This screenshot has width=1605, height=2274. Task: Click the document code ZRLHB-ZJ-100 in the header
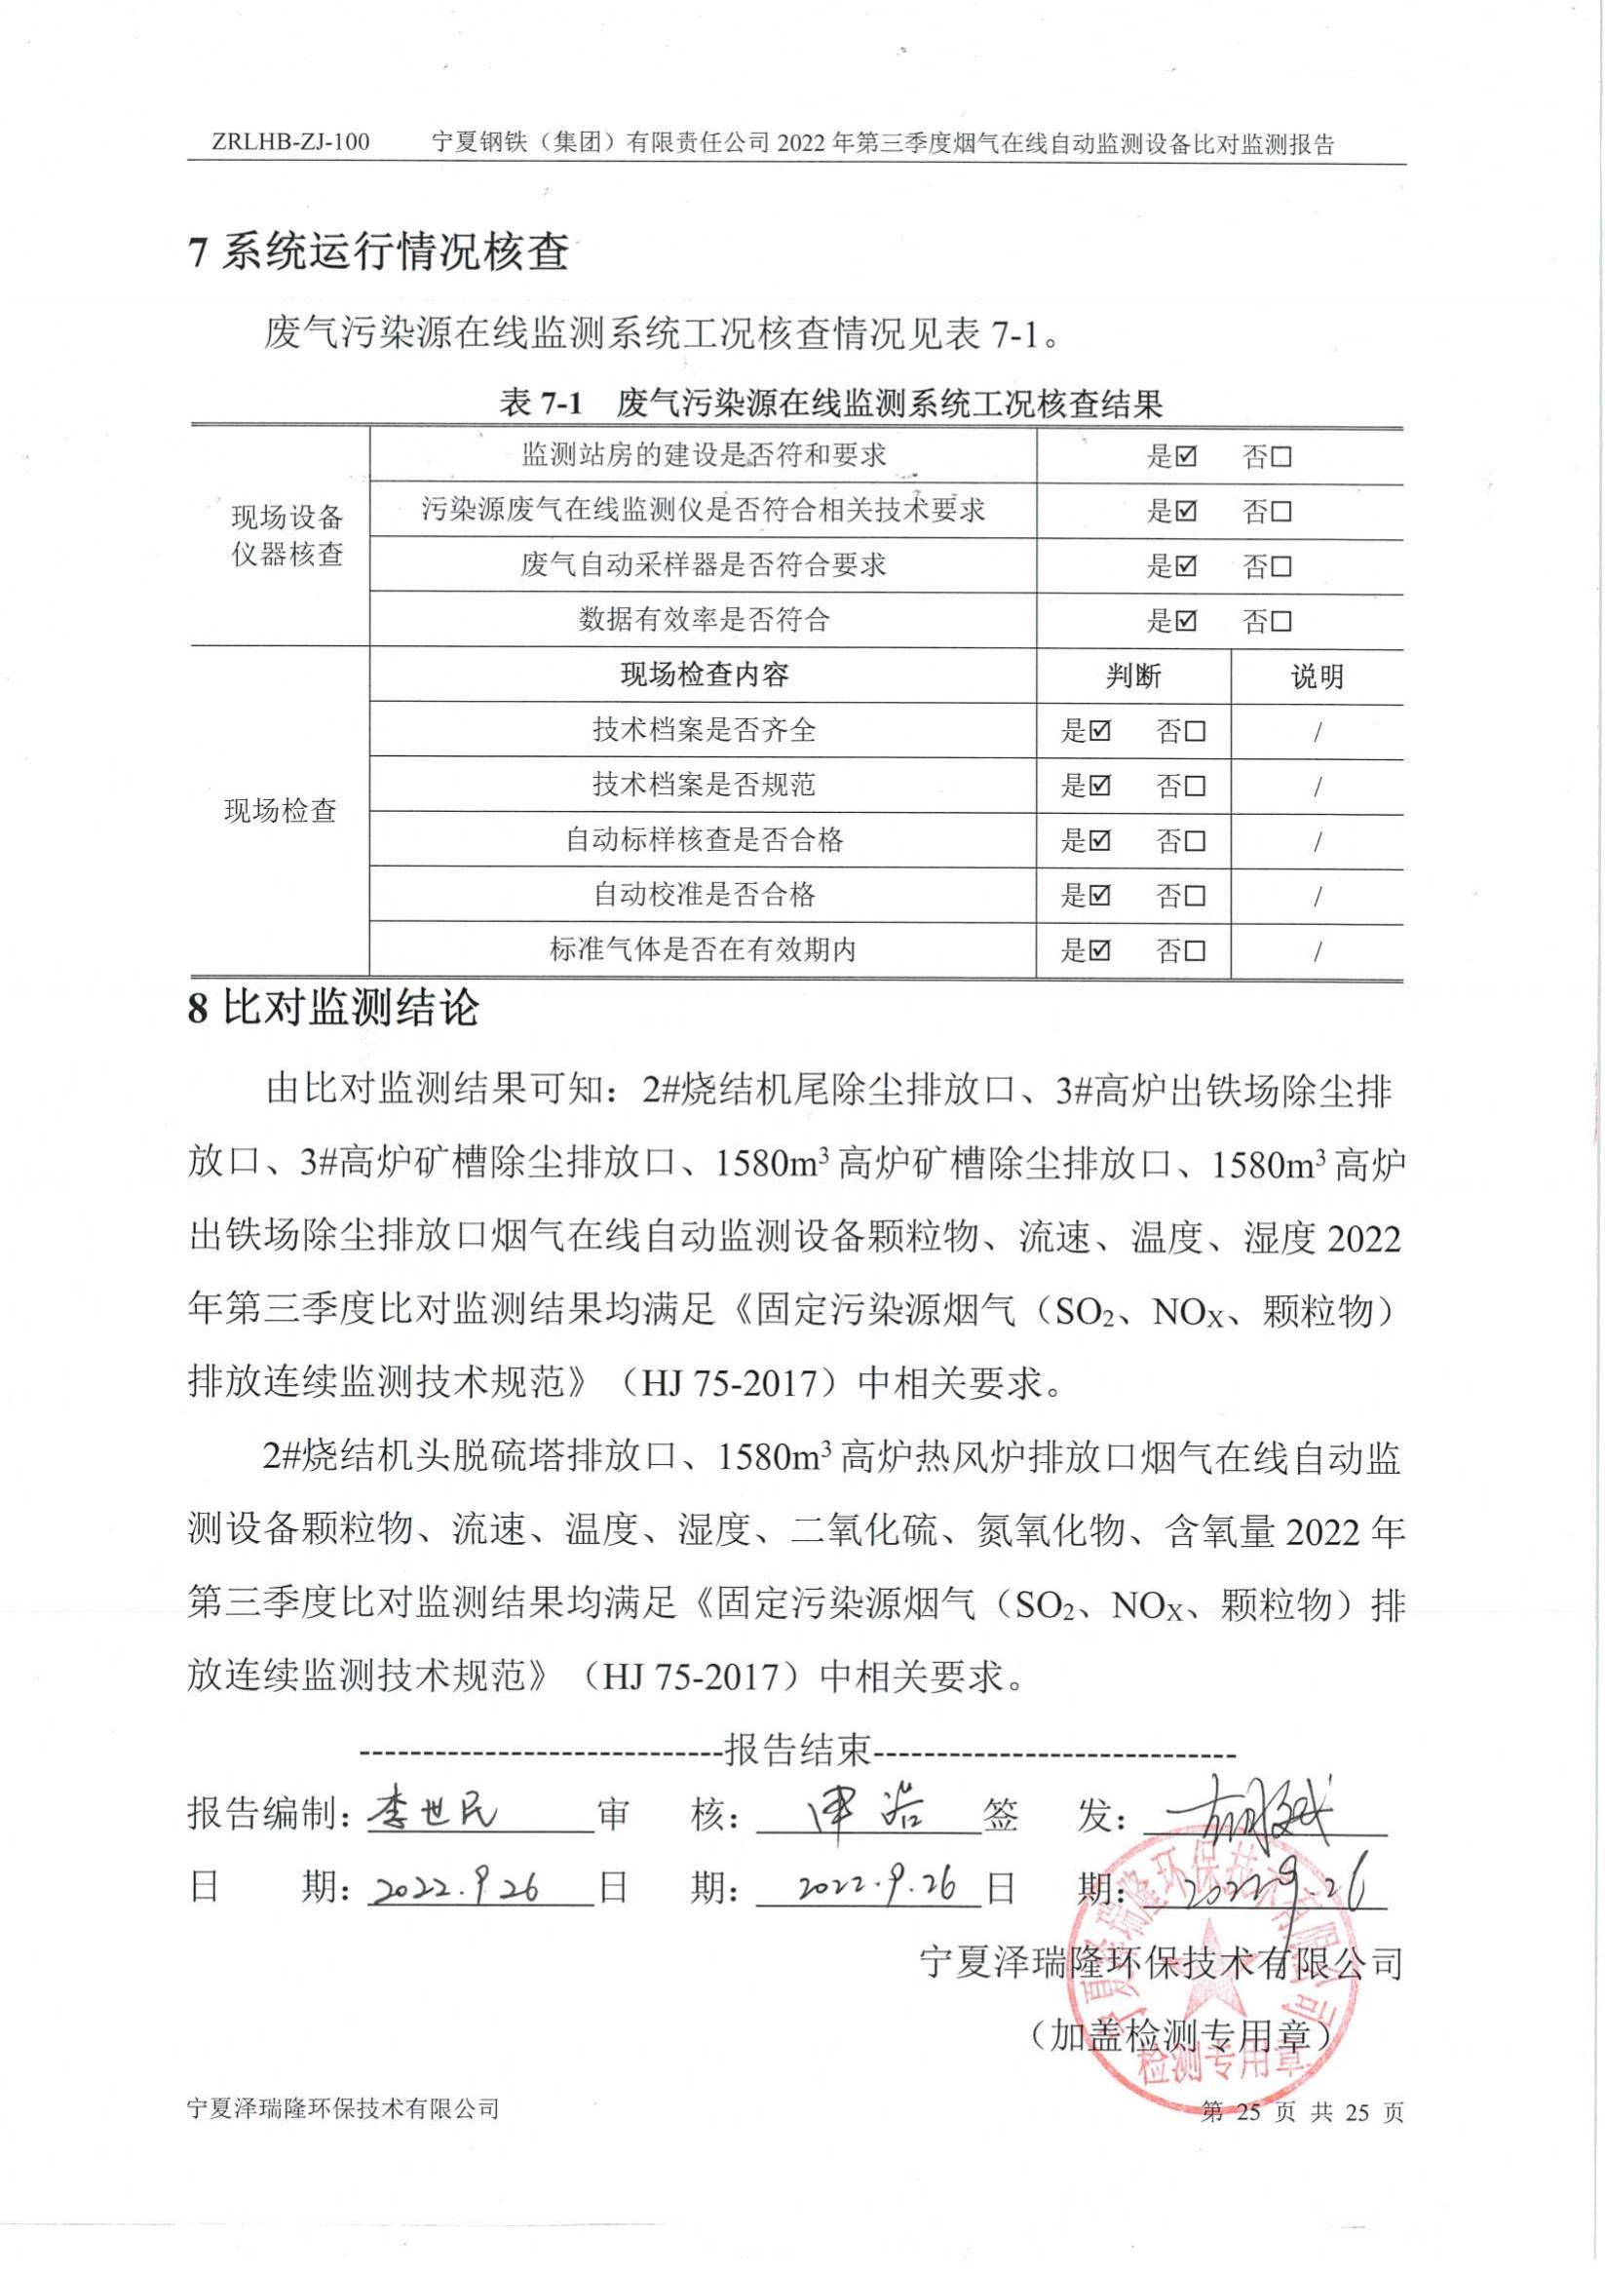(290, 142)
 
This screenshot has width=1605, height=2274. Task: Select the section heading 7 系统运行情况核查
(378, 251)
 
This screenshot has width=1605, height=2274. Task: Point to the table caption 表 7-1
(542, 404)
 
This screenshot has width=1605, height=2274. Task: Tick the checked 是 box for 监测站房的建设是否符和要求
(1187, 456)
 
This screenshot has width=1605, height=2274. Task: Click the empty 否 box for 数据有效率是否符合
(1281, 621)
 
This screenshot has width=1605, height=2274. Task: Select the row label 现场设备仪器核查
(287, 536)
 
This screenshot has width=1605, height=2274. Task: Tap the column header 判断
(1132, 676)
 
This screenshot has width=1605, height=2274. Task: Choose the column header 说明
(1317, 676)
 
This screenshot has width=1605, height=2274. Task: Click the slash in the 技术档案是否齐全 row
(1317, 733)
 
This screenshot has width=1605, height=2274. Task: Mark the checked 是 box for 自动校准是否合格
(1100, 896)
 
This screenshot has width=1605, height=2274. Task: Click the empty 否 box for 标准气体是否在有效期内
(1195, 950)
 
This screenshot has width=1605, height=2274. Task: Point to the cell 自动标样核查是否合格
(703, 840)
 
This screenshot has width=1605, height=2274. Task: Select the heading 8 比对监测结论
(333, 1008)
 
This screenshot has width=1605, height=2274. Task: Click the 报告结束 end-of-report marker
(798, 1750)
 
